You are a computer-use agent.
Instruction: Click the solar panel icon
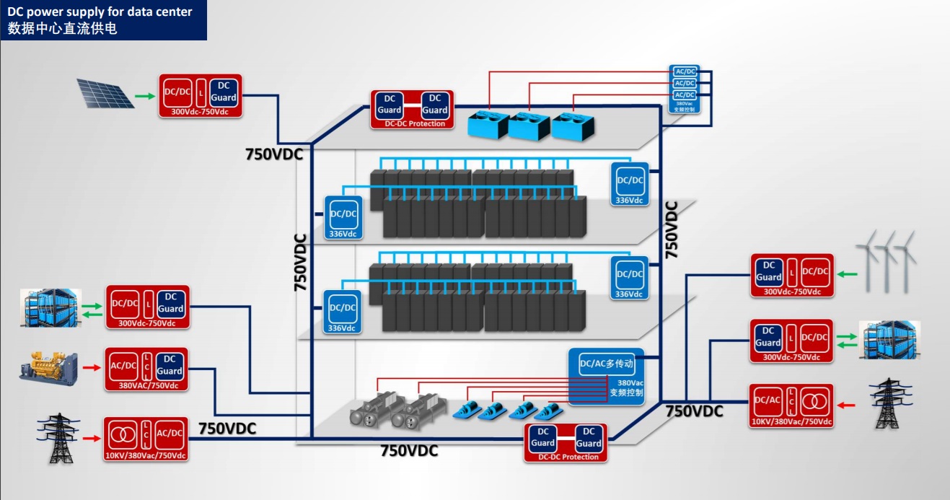106,94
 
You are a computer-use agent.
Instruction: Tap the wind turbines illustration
887,260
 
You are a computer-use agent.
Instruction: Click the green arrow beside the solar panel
145,96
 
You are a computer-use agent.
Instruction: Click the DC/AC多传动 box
605,364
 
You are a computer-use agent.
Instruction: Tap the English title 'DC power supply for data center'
100,12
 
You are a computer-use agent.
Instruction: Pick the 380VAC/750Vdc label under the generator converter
147,385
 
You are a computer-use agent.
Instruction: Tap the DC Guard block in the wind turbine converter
768,272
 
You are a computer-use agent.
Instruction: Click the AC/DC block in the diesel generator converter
123,366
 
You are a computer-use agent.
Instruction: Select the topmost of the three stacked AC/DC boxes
685,71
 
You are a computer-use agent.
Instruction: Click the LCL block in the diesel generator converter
146,366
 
